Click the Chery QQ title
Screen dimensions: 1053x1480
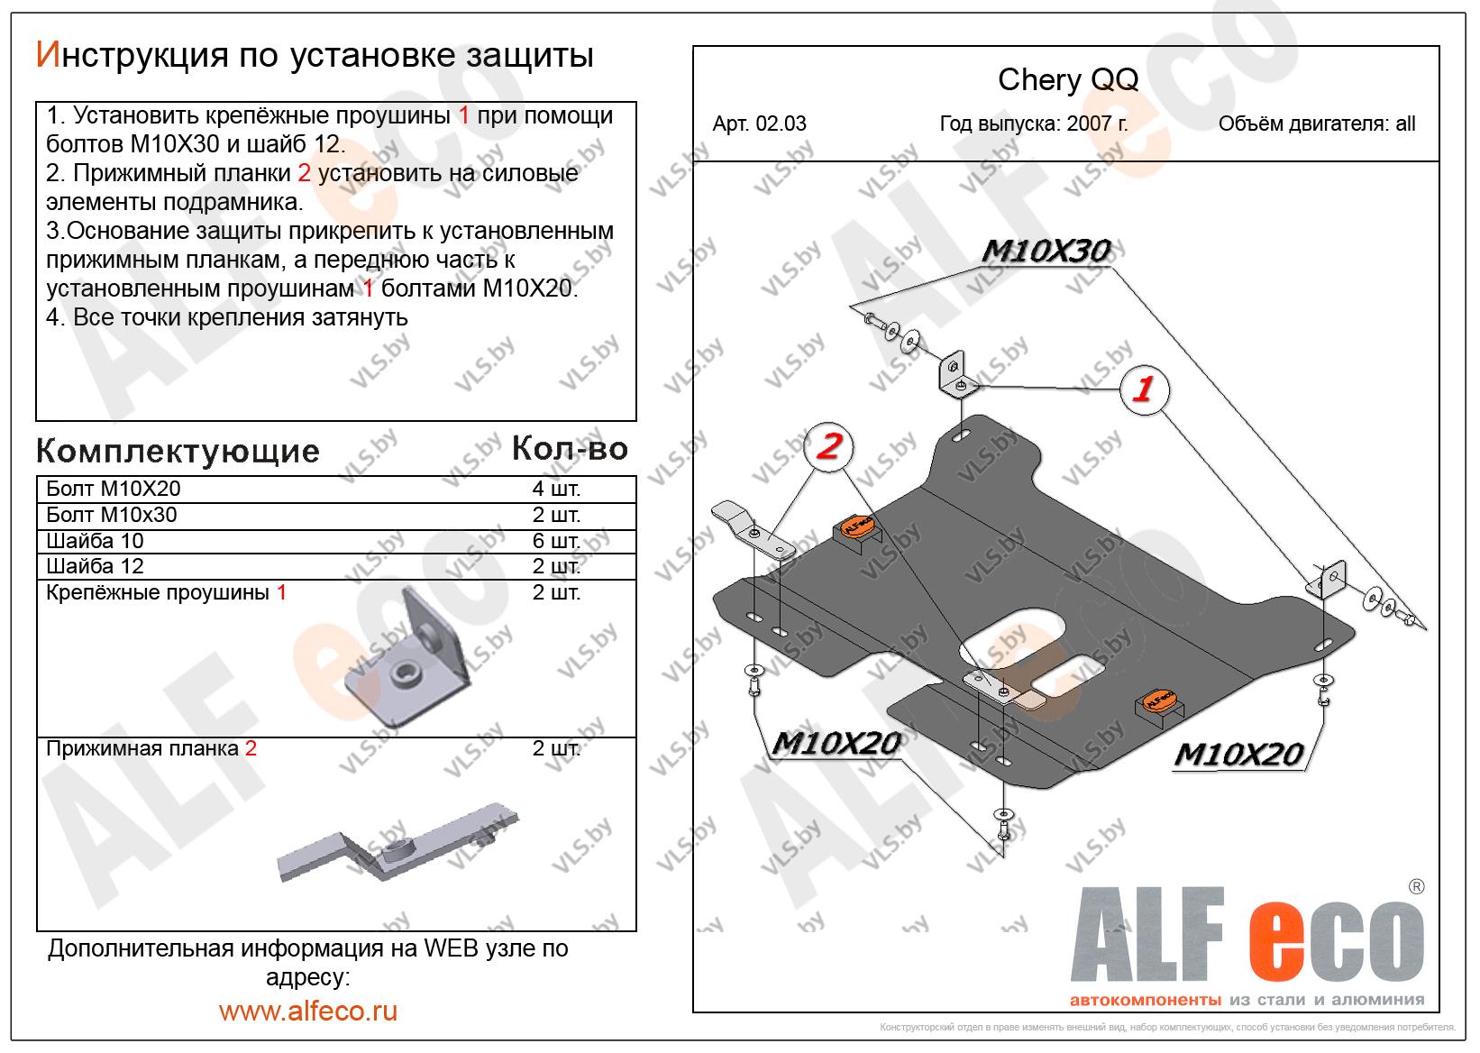tap(1067, 80)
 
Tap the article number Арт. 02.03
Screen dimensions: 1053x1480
tap(759, 124)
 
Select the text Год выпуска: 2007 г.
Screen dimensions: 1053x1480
tap(1033, 124)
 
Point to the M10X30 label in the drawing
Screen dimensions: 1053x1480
tap(1045, 251)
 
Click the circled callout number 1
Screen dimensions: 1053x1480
tap(1143, 389)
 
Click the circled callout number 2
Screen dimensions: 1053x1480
tap(828, 446)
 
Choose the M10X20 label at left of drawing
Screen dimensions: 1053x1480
tap(836, 743)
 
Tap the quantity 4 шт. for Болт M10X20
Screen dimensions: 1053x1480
tap(556, 490)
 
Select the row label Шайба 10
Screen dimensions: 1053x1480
tap(95, 541)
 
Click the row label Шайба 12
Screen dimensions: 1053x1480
tap(95, 566)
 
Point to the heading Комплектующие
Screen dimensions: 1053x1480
tap(178, 451)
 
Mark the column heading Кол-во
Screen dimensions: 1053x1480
tap(569, 448)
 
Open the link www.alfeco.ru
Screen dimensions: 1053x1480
tap(308, 1011)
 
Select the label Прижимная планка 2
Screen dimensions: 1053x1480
tap(151, 748)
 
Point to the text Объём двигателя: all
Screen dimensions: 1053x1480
tap(1316, 124)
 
